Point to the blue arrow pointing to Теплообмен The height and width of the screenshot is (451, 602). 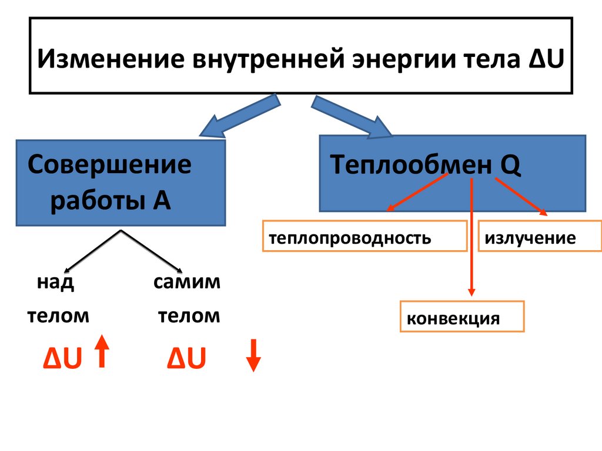[x=350, y=118]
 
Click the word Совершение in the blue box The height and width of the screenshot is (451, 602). [x=109, y=165]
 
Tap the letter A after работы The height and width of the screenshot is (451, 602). [x=162, y=201]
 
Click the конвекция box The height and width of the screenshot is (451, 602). [x=461, y=317]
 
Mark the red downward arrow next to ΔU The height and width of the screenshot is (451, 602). [x=253, y=355]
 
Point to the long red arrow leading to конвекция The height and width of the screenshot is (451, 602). [x=471, y=235]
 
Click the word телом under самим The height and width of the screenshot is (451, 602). [x=189, y=317]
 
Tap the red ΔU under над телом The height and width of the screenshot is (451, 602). [x=62, y=359]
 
